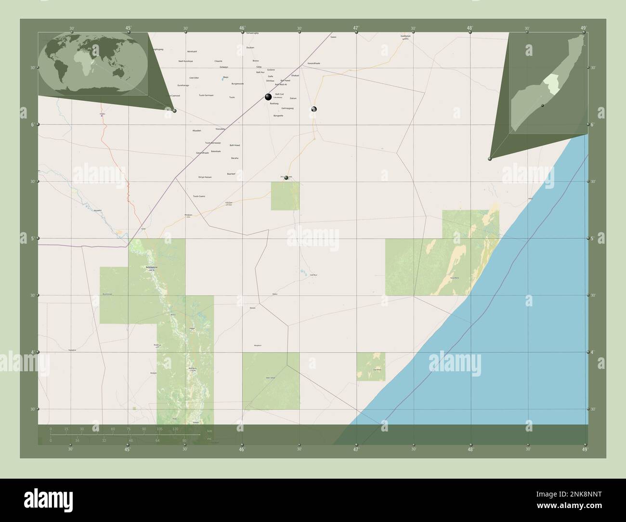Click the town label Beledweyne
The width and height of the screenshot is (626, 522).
click(151, 267)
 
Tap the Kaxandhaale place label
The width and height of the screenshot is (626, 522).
click(313, 63)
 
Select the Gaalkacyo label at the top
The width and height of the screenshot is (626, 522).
click(406, 36)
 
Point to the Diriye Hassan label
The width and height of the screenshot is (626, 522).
click(205, 177)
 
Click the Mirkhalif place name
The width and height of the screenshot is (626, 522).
click(192, 51)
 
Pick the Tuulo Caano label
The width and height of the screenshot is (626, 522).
click(199, 196)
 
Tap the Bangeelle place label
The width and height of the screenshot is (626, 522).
click(278, 116)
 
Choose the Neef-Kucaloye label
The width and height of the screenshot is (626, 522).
click(185, 61)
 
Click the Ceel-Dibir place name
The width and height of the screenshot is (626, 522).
click(194, 78)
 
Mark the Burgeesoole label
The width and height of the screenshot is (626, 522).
click(237, 83)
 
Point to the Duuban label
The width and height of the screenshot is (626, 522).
click(250, 48)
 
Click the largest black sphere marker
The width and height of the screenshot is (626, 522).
click(268, 97)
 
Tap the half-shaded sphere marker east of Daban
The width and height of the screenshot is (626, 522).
click(313, 109)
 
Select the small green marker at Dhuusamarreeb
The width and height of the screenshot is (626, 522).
click(287, 178)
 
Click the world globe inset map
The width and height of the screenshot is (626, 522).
click(94, 64)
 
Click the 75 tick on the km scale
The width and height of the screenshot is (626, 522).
click(129, 429)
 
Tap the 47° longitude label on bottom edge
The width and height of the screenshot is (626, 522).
click(356, 450)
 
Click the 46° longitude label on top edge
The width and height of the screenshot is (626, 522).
click(242, 28)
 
